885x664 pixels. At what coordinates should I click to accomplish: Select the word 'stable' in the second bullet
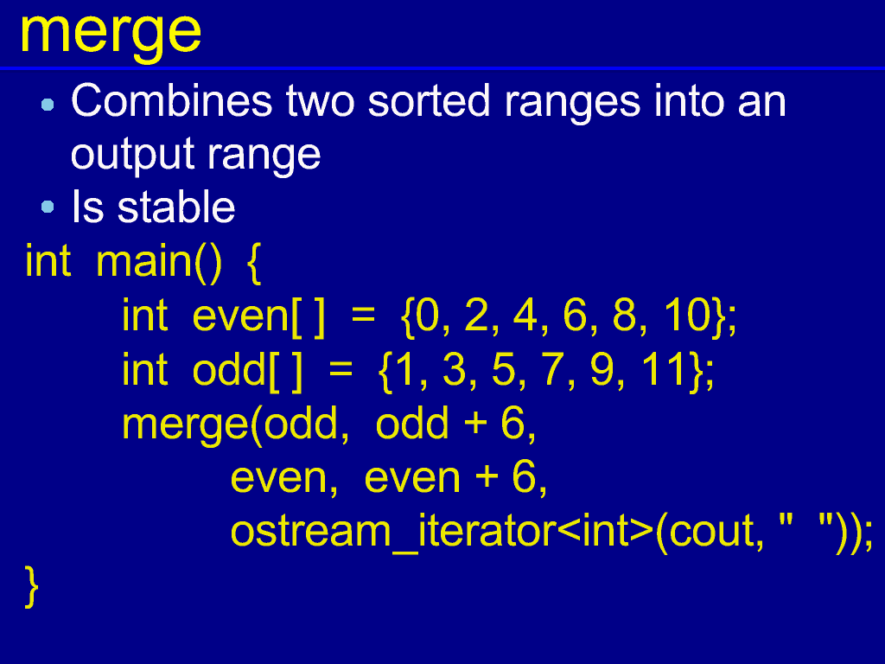click(x=176, y=207)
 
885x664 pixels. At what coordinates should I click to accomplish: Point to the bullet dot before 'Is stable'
click(x=48, y=207)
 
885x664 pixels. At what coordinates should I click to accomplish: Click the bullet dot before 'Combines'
click(x=48, y=105)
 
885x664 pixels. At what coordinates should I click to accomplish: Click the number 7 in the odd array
click(x=552, y=370)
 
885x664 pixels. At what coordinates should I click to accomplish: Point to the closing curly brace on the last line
click(x=32, y=587)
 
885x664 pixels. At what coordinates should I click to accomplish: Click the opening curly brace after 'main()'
click(x=254, y=263)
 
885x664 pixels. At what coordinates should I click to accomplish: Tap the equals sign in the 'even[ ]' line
click(x=363, y=315)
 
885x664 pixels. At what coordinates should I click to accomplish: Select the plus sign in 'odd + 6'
click(x=475, y=424)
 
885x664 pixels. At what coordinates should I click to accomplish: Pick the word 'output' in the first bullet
click(x=131, y=155)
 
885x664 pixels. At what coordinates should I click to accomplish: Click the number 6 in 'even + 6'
click(x=524, y=477)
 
